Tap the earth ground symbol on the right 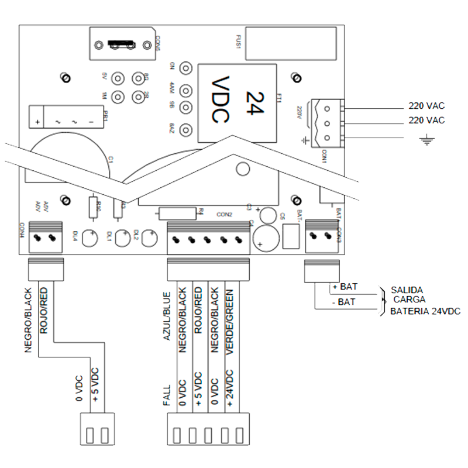(429, 140)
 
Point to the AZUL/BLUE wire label (167, 316)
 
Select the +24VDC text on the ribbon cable (230, 388)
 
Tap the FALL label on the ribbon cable (167, 396)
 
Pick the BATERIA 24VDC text (425, 311)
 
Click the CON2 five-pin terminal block (208, 239)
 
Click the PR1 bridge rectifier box (64, 116)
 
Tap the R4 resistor (178, 212)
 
